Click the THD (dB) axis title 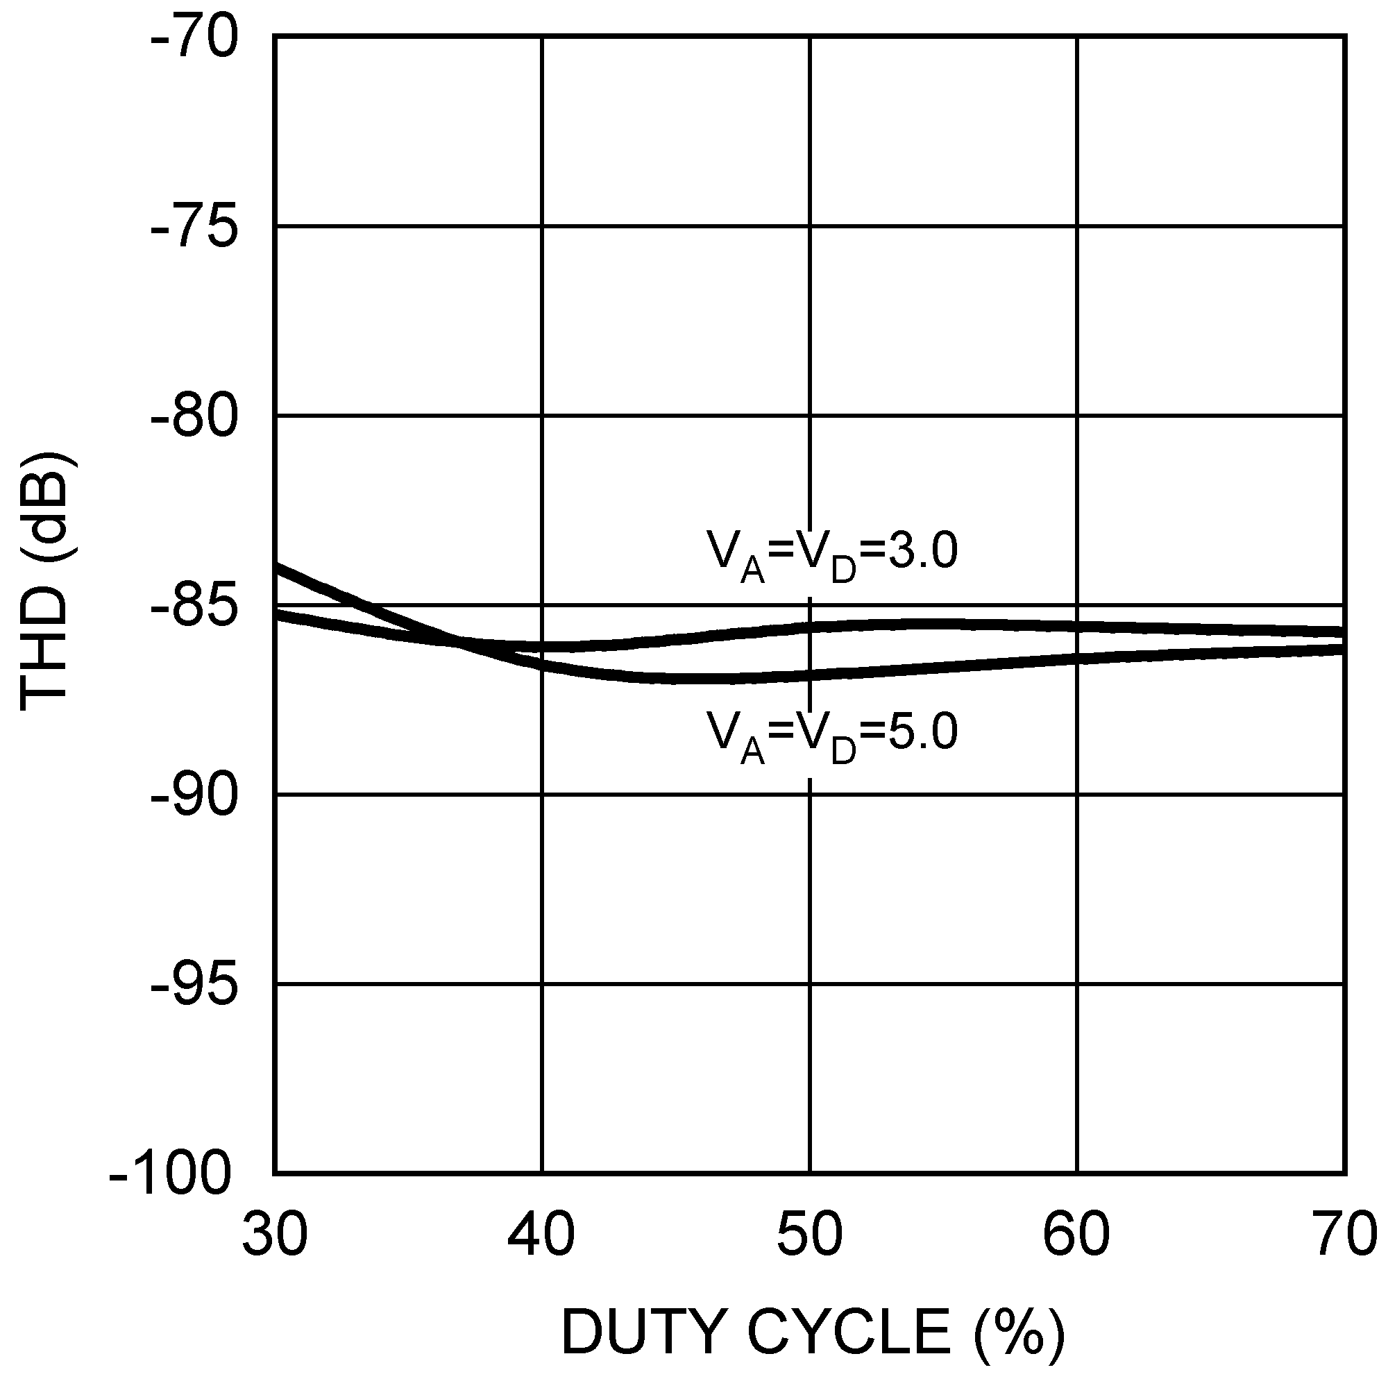[46, 582]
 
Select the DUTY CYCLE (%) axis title [812, 1333]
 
